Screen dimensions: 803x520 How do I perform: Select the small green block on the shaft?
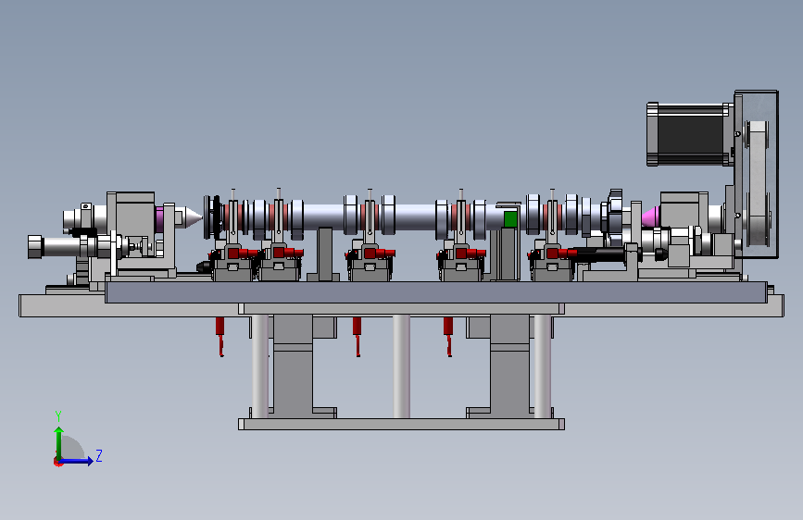point(510,218)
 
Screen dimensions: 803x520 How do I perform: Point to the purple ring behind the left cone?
point(159,218)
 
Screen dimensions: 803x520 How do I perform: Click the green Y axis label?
point(58,415)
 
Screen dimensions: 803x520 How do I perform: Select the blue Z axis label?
point(99,455)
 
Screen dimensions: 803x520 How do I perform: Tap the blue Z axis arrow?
point(75,461)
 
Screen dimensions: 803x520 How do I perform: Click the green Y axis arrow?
point(59,443)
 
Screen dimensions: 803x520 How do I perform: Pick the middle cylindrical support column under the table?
point(402,366)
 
